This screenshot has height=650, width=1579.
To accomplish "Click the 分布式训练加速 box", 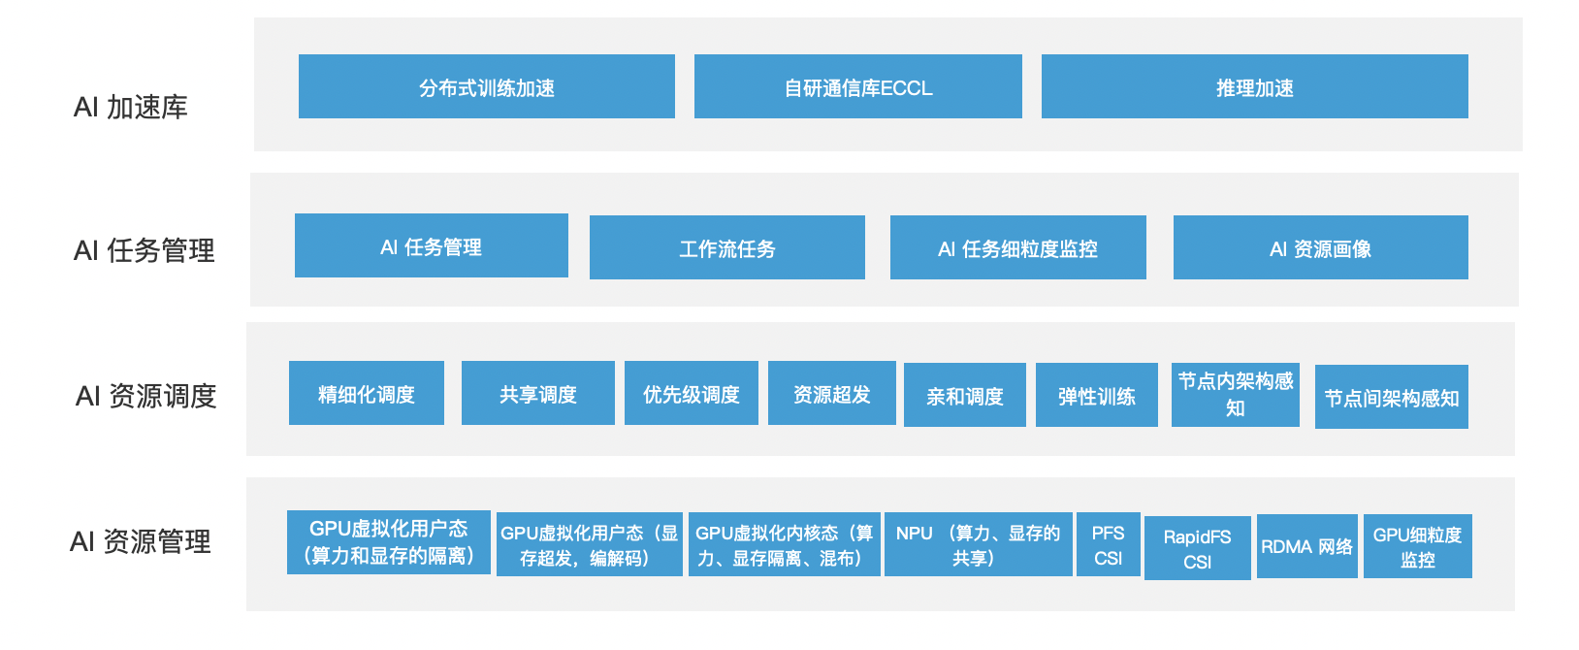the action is tap(486, 87).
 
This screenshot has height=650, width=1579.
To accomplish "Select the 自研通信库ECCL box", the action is tap(857, 87).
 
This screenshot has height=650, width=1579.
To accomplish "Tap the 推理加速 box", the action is tap(1254, 87).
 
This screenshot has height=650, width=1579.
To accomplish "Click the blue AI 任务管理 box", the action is tap(431, 246).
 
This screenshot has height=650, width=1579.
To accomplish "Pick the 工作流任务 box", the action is tap(726, 248).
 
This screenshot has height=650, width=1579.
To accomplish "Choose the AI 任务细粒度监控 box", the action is tap(1017, 248).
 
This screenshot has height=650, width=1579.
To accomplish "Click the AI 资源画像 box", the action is tap(1320, 248).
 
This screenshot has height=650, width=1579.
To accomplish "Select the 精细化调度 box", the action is tap(366, 394).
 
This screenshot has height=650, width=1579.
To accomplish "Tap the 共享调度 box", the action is tap(537, 394).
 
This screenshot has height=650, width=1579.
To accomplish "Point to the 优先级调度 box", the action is tap(691, 394).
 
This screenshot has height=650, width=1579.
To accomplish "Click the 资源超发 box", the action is tap(831, 394).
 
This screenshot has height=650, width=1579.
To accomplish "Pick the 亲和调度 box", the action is tap(964, 396).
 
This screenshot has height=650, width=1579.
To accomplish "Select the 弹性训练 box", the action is tap(1096, 396).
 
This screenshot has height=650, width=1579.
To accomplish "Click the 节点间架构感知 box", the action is tap(1391, 398).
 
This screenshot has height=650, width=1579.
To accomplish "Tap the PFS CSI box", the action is tap(1108, 545).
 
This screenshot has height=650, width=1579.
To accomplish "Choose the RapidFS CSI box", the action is tap(1197, 549).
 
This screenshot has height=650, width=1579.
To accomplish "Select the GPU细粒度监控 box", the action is tap(1417, 547).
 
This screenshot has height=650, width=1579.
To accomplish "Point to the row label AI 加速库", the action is tap(131, 107).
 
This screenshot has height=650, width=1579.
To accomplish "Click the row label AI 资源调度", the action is tap(145, 396).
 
